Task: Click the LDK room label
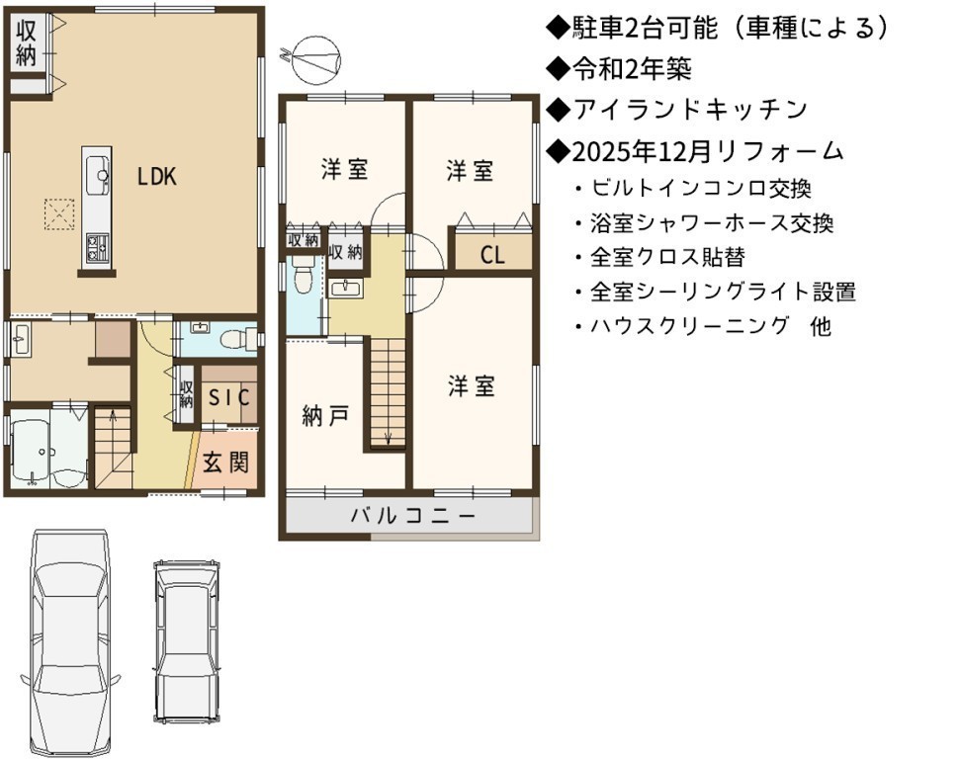(x=156, y=177)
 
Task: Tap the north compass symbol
(x=315, y=60)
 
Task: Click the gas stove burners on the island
(x=97, y=247)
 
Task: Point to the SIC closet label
(x=228, y=397)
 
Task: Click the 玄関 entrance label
(x=226, y=462)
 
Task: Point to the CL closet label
(x=492, y=255)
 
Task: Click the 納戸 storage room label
(x=325, y=417)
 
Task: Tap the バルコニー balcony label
(x=413, y=516)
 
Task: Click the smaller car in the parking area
(x=186, y=641)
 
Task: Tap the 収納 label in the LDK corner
(x=26, y=42)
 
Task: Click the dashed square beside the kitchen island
(x=59, y=213)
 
